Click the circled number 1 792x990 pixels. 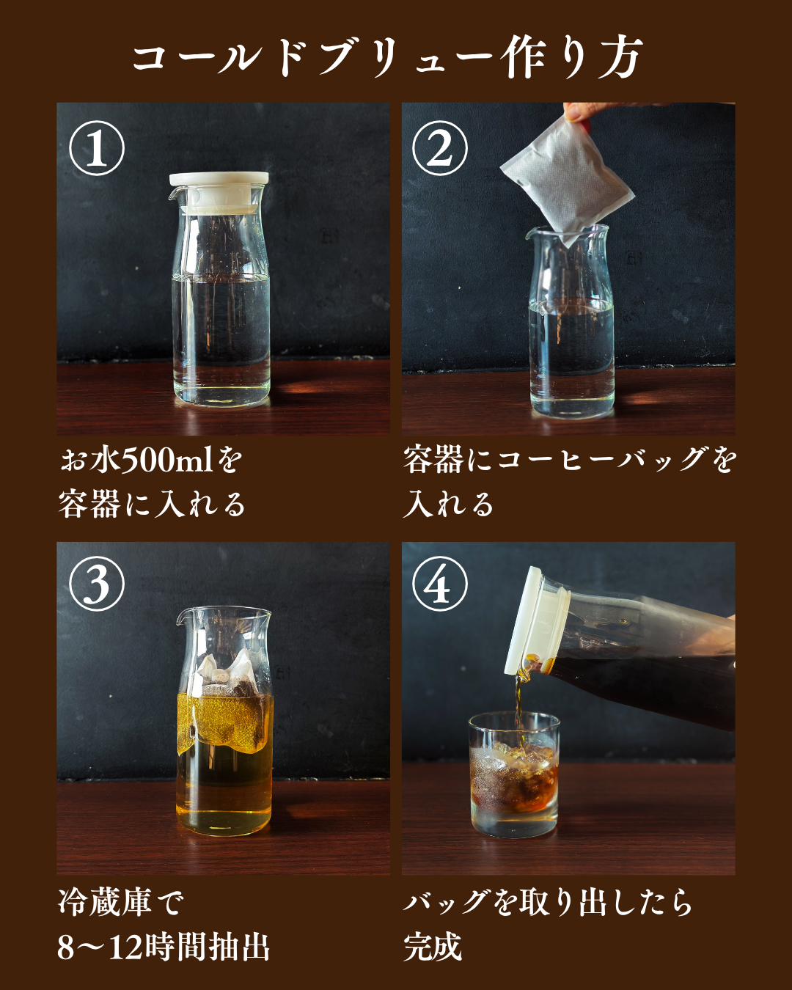pyautogui.click(x=97, y=148)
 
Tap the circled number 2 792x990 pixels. pyautogui.click(x=439, y=148)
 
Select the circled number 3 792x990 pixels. pyautogui.click(x=97, y=583)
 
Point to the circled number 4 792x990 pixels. pyautogui.click(x=439, y=583)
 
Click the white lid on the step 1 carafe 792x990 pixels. pyautogui.click(x=219, y=192)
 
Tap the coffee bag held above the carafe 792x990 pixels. pyautogui.click(x=567, y=180)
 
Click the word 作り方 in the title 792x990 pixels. pyautogui.click(x=573, y=58)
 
